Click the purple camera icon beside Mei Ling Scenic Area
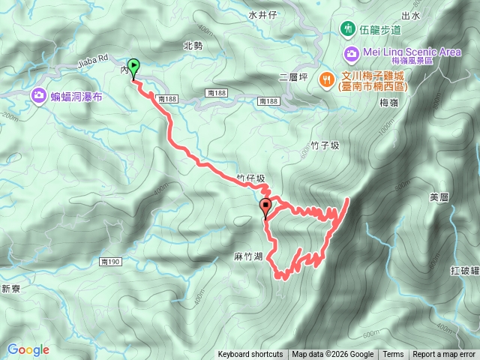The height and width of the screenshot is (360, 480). coord(351,53)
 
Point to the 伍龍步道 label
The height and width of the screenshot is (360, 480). coord(379,29)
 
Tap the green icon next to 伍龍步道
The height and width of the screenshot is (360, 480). coord(347,29)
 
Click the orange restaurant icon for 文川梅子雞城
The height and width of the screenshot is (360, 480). coord(327,79)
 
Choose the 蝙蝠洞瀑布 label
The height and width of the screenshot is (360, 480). coord(76,96)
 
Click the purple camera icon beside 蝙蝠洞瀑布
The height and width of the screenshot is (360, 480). coord(38,96)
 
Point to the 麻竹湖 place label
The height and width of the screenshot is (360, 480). coord(247,256)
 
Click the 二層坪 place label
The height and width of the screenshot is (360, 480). coord(293,76)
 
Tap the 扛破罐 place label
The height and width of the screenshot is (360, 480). coord(464,269)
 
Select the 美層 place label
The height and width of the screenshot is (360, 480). coord(439,197)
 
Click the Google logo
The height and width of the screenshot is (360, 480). coord(28,349)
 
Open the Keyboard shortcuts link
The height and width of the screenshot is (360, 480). coord(250,355)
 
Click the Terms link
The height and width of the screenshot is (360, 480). coord(393,355)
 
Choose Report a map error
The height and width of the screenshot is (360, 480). coord(444,355)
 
